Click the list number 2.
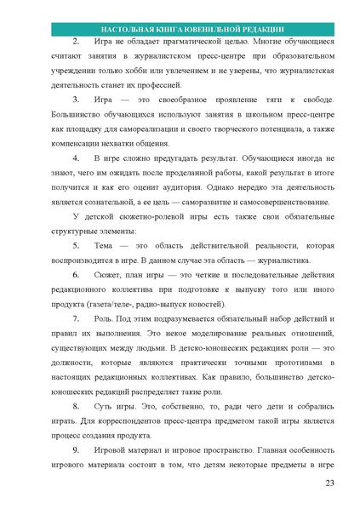(75, 41)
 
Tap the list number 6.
(75, 274)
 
